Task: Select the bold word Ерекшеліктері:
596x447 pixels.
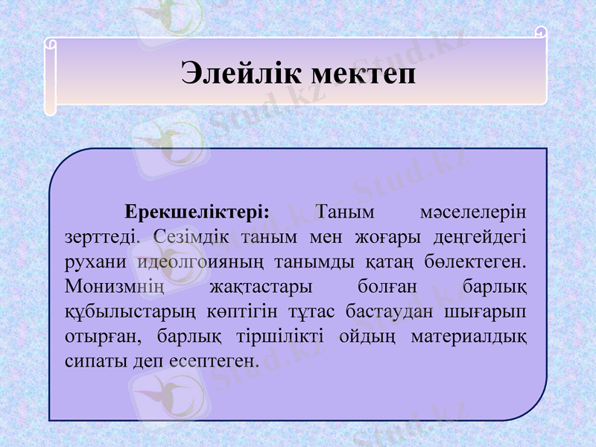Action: click(197, 211)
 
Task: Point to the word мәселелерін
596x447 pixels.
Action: click(472, 211)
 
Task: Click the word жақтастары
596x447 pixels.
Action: click(261, 286)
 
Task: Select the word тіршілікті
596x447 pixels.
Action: click(280, 336)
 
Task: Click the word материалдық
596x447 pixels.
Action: click(469, 336)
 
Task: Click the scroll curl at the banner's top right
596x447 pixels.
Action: click(542, 31)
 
